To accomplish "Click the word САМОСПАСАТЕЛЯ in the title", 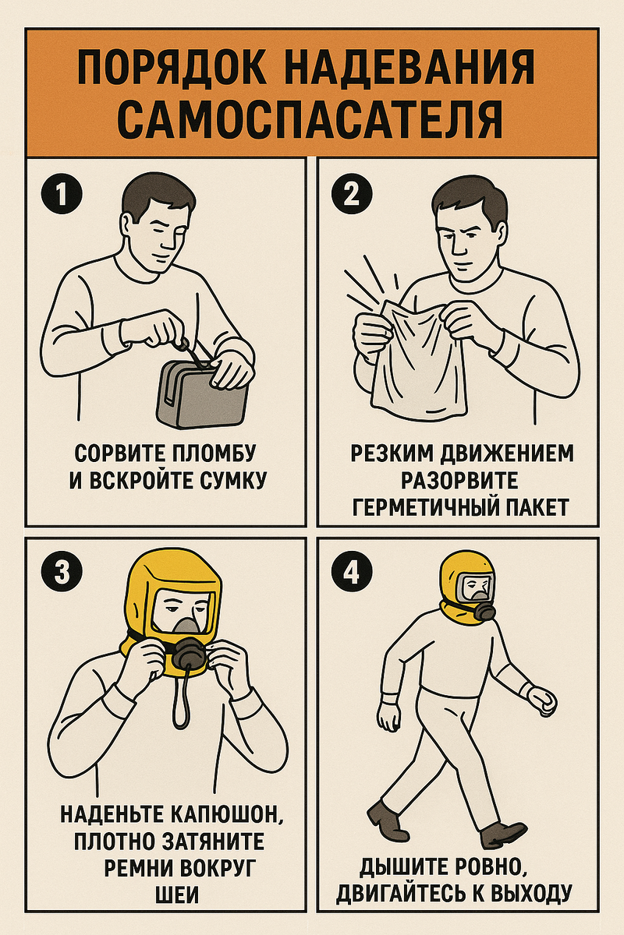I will pos(312,117).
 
